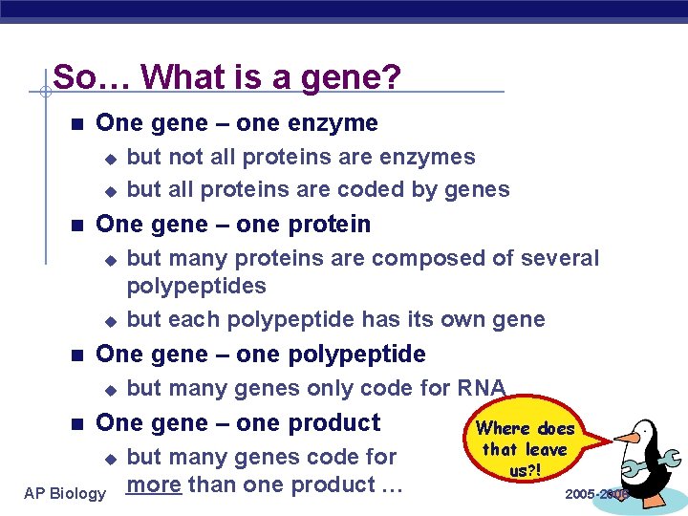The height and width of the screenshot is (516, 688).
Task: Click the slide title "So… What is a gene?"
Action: [226, 76]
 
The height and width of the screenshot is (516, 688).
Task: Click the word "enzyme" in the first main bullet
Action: [333, 123]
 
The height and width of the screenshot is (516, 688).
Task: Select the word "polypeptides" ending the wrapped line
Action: [196, 286]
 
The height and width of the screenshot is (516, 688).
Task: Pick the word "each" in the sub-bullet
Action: [193, 319]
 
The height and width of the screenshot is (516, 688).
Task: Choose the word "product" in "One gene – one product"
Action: [334, 422]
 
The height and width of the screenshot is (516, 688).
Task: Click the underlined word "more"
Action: [154, 484]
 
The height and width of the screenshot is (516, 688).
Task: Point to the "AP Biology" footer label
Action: [65, 493]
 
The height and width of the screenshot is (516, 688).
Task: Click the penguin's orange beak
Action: [625, 439]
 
